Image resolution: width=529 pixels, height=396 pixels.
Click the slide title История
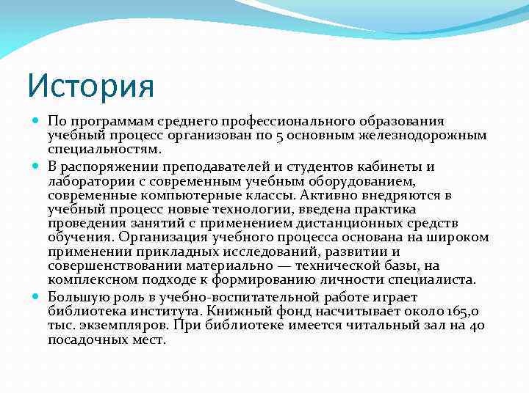(90, 85)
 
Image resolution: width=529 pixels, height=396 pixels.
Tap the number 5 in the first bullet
(321, 136)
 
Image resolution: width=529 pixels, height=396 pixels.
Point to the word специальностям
(104, 150)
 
